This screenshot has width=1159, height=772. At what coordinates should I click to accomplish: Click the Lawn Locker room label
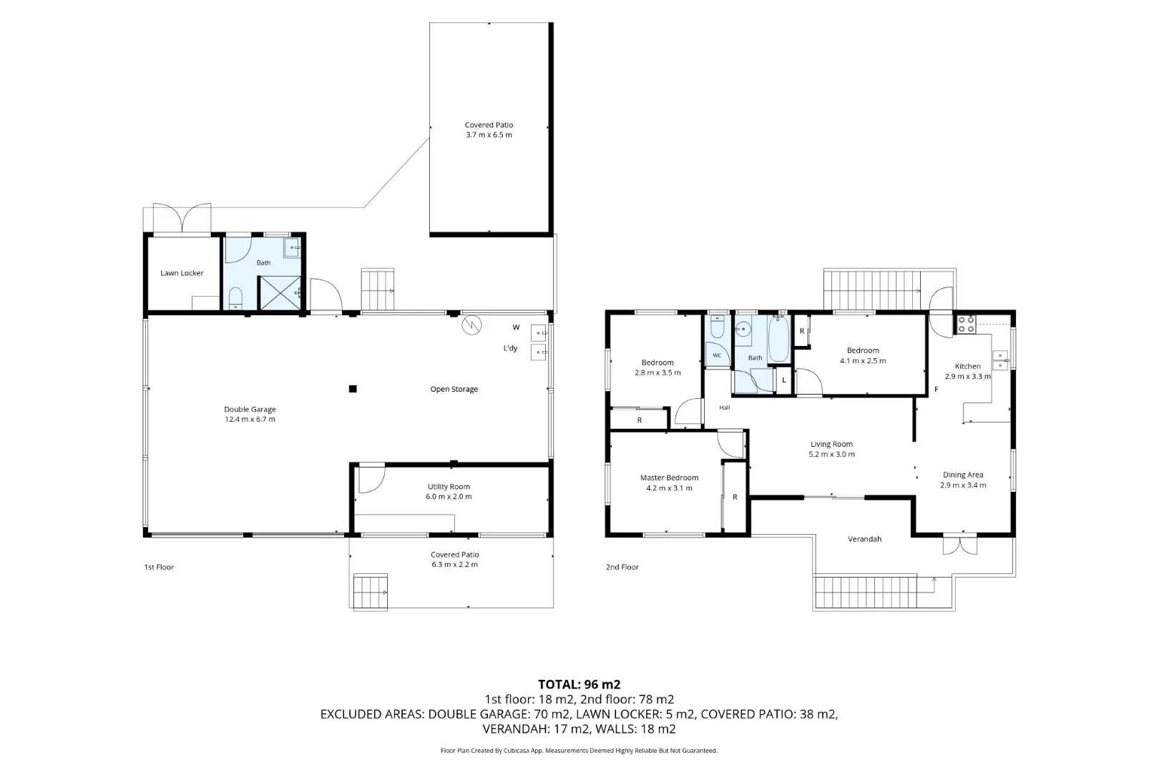click(x=182, y=273)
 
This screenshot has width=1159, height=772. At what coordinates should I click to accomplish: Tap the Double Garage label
click(x=250, y=409)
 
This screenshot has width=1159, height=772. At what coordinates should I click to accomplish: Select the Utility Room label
click(x=449, y=487)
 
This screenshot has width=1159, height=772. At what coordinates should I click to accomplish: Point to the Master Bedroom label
click(x=669, y=477)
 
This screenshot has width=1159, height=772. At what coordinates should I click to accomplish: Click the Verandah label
click(x=864, y=539)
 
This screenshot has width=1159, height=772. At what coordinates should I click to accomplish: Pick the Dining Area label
click(x=963, y=475)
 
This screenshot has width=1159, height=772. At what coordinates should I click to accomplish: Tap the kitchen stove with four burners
click(x=966, y=325)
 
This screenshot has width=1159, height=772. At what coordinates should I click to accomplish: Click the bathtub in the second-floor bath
click(x=778, y=339)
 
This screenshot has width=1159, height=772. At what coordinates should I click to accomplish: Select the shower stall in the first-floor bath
click(x=280, y=293)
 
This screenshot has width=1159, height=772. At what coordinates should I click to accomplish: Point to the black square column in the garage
click(x=353, y=389)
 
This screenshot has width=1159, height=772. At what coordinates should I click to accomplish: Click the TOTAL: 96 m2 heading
click(x=579, y=684)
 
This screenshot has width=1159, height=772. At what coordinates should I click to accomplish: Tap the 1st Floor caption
click(x=159, y=567)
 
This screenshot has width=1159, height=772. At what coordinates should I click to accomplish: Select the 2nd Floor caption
click(x=622, y=567)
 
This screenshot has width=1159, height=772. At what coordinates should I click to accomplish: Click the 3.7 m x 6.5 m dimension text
click(x=489, y=135)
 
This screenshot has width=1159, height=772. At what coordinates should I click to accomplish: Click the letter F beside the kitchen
click(x=937, y=390)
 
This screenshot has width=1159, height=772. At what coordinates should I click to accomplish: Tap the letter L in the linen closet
click(x=784, y=380)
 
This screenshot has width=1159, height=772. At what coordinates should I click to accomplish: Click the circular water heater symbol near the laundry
click(x=472, y=325)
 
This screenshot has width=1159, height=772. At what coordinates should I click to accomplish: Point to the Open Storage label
click(x=454, y=389)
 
